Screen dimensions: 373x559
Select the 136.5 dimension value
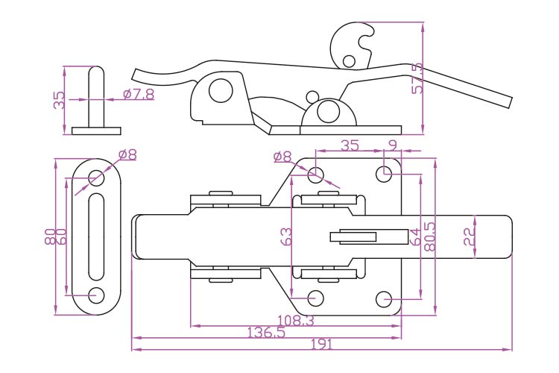[266, 333]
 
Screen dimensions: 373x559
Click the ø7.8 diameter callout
[139, 95]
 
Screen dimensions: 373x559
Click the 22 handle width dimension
[469, 237]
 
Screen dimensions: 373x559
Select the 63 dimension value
[286, 237]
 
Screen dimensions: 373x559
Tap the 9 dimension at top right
[392, 145]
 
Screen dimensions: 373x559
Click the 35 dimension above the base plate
[350, 145]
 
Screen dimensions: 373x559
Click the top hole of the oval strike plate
[97, 178]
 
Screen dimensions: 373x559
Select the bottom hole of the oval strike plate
[97, 295]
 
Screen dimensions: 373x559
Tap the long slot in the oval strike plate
[97, 236]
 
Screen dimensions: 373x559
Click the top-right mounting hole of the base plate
[385, 175]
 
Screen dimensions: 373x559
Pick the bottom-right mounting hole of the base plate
[385, 299]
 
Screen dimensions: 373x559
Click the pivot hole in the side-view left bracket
[220, 91]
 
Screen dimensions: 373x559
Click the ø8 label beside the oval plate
[127, 155]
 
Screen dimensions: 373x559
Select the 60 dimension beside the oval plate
[62, 237]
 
